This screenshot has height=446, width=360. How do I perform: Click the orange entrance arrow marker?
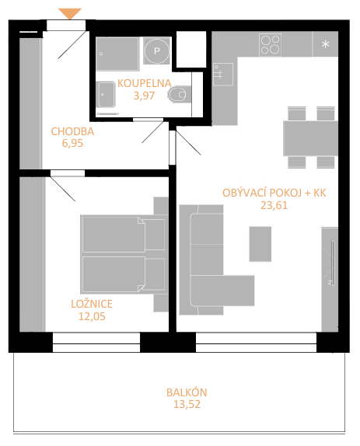click(70, 13)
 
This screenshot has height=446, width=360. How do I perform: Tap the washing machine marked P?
click(156, 51)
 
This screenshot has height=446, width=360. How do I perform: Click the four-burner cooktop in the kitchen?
click(270, 44)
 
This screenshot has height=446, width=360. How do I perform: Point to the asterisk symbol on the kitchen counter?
click(326, 44)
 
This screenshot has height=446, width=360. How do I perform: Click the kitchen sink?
click(223, 74)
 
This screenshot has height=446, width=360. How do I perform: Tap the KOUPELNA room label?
click(145, 83)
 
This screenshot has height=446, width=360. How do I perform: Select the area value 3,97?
click(145, 96)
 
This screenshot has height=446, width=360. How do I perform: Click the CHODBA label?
click(72, 131)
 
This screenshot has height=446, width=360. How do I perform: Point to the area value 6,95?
click(72, 143)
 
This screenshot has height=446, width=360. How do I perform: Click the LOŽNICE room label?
click(92, 304)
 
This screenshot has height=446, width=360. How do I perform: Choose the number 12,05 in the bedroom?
click(92, 316)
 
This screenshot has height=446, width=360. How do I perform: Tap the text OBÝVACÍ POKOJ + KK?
click(274, 193)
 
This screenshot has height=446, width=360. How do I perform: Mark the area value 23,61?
click(274, 205)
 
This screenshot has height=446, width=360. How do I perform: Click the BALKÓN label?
click(187, 392)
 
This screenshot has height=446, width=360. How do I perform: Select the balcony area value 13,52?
click(187, 404)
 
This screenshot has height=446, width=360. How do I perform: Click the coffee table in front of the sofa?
click(260, 244)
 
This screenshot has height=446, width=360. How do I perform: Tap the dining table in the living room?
click(310, 138)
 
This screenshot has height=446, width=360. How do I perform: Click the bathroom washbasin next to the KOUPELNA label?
click(106, 94)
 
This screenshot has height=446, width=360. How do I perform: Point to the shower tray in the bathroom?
click(117, 54)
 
